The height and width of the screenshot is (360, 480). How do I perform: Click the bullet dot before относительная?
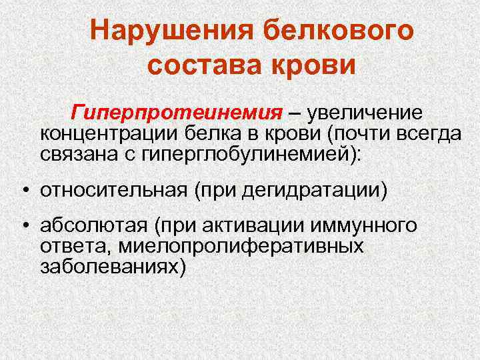tap(23, 191)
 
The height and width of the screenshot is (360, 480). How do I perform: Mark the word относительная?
tap(113, 191)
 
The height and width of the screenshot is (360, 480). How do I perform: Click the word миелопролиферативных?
tap(241, 247)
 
